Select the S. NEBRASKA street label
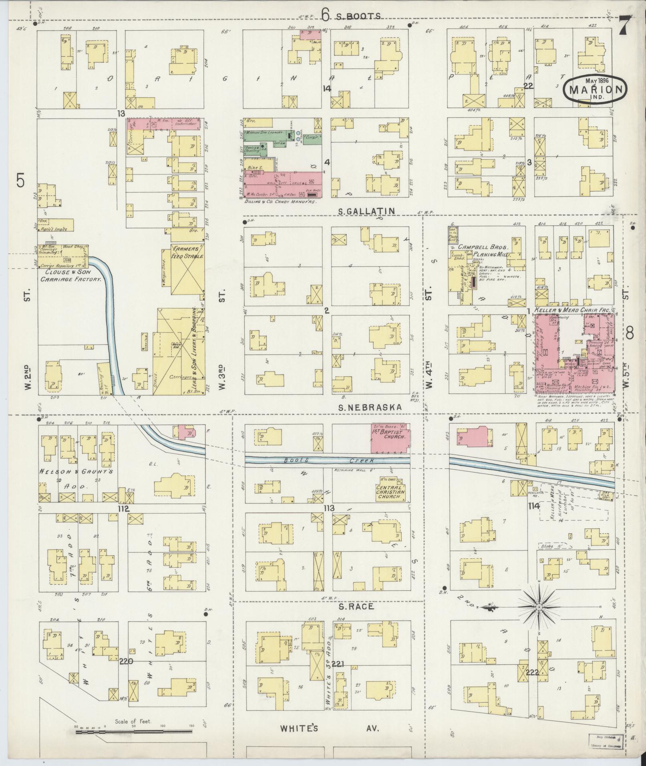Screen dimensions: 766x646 coord(370,407)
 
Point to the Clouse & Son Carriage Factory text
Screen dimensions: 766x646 coord(70,275)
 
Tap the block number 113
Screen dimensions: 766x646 coord(329,508)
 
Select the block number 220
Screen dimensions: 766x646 coord(125,661)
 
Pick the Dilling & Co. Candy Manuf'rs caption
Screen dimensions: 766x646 coord(280,202)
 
